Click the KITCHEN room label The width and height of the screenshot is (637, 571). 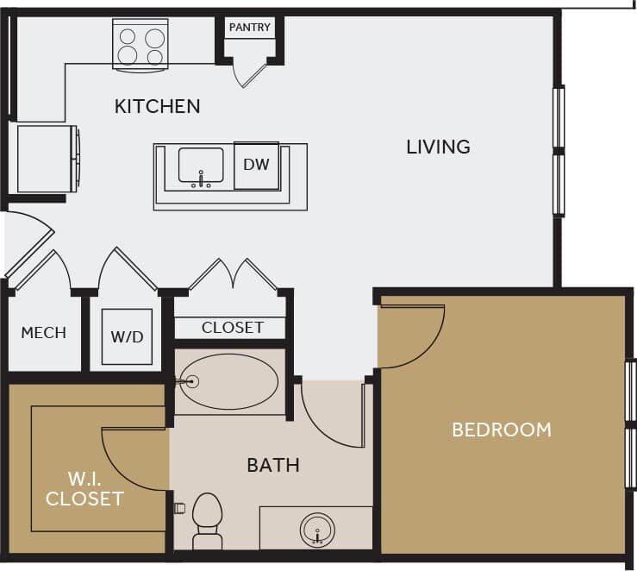point(157,106)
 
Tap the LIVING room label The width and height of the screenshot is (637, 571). point(438,147)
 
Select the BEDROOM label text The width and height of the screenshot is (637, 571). point(502,429)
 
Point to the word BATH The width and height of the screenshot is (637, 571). point(273,466)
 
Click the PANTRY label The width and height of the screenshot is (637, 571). point(249,28)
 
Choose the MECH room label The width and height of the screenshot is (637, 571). point(43,332)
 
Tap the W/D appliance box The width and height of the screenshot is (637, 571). point(127,336)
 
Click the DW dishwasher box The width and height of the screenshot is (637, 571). point(256,164)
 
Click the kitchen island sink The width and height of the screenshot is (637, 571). point(201,166)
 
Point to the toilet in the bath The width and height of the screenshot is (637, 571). point(207,520)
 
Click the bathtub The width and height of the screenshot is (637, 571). point(229,381)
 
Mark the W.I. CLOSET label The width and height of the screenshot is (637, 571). point(84,487)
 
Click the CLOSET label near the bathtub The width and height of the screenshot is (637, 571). point(232,328)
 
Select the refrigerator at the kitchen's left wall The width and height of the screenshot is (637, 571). point(47,158)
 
